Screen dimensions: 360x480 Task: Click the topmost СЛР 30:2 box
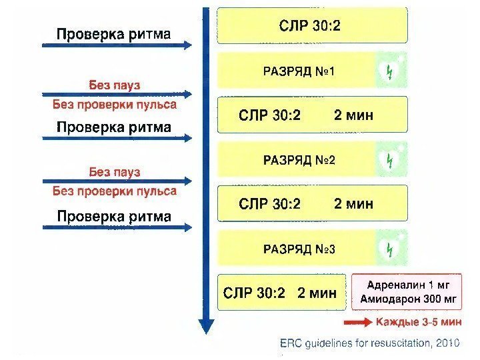click(312, 26)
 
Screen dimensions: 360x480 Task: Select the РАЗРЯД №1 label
click(299, 71)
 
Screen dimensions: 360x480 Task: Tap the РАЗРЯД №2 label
click(299, 160)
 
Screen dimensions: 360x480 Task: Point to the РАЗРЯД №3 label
click(299, 249)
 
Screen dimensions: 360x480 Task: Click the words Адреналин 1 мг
click(407, 285)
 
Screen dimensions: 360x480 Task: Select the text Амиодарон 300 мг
click(407, 299)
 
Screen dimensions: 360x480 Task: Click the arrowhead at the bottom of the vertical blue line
click(207, 326)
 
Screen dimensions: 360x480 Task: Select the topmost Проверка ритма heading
click(113, 33)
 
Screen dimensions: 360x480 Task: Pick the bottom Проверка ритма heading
click(113, 216)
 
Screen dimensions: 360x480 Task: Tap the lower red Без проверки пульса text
click(115, 191)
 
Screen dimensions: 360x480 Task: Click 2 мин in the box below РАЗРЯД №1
click(353, 115)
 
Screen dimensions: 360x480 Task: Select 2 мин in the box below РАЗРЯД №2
click(353, 203)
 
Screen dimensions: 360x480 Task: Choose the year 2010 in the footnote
click(445, 343)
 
